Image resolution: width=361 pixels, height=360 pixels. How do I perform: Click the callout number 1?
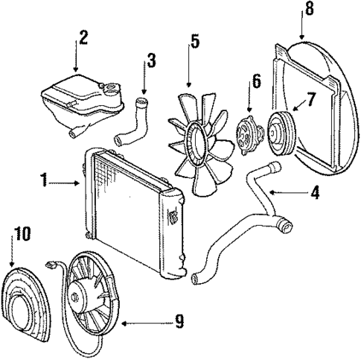click(45, 180)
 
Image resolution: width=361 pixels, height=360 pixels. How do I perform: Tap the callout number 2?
click(83, 37)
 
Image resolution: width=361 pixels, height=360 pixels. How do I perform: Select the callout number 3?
click(151, 60)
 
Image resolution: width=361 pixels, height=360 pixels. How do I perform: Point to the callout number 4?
click(315, 192)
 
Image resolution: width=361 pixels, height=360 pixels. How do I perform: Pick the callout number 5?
click(194, 42)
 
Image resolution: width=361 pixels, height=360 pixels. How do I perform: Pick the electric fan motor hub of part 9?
click(80, 299)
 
